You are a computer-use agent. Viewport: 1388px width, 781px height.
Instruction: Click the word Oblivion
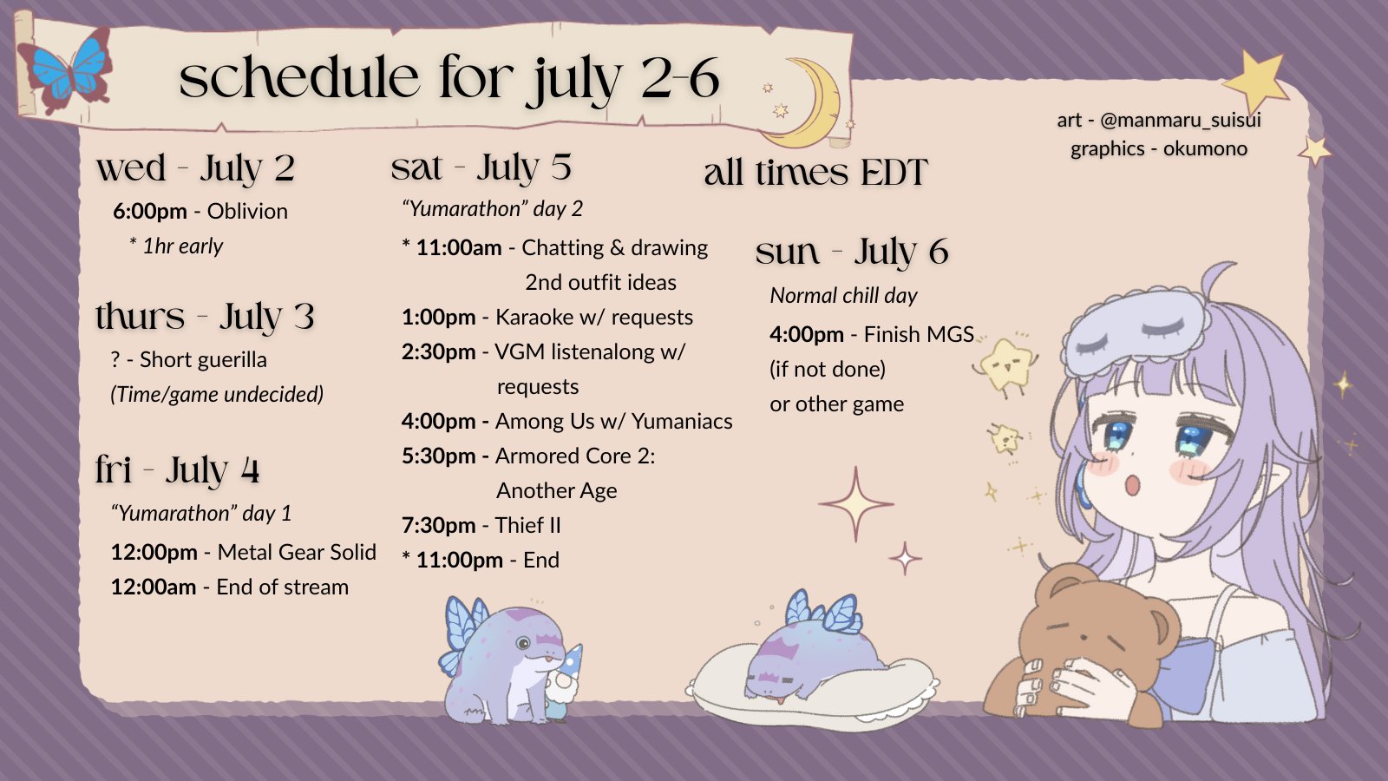pos(247,212)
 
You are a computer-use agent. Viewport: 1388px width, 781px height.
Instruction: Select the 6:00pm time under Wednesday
pos(150,212)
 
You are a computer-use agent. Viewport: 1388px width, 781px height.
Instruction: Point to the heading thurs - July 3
pos(205,316)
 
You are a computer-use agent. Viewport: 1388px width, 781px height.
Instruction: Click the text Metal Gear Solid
pos(297,552)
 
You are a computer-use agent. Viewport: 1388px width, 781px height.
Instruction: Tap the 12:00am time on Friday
pos(154,587)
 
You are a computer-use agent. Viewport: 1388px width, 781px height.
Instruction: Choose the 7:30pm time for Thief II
pos(439,526)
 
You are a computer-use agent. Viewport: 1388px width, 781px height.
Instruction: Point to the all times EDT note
pos(815,172)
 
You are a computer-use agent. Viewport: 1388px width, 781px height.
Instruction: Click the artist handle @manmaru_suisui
pos(1181,120)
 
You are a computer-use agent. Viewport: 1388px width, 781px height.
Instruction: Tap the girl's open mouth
pos(1133,484)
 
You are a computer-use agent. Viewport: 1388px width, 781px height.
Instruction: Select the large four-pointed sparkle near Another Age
pos(855,504)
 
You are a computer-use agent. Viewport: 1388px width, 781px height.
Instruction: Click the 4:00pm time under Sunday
pos(807,335)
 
